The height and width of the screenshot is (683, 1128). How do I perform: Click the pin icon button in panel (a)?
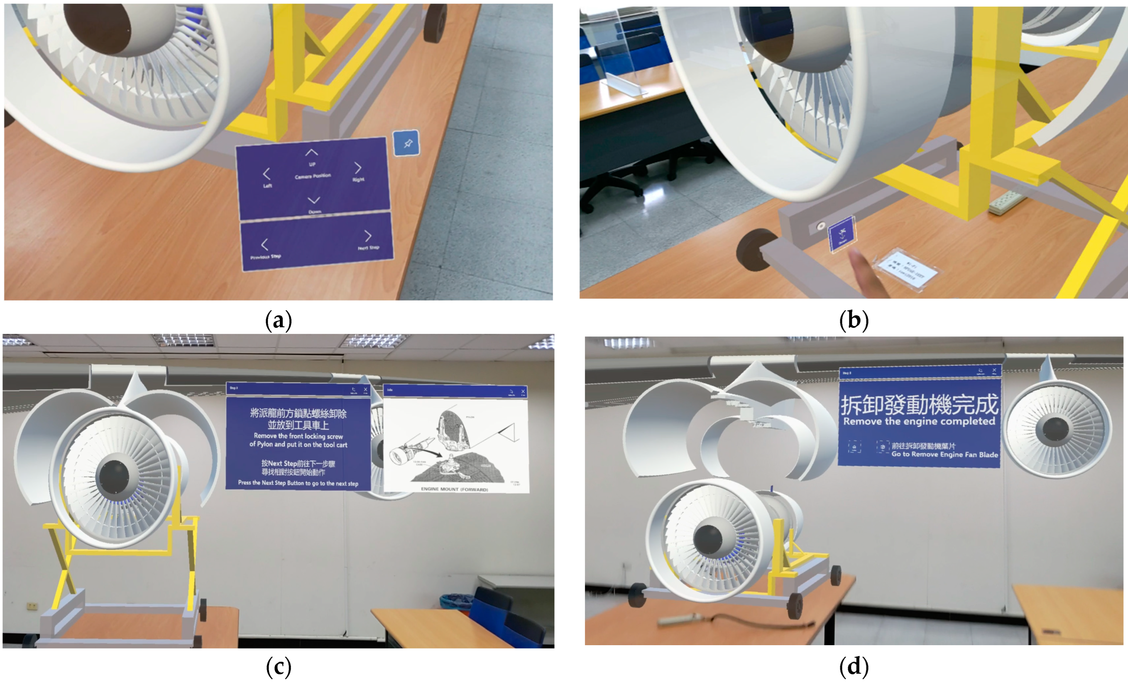406,143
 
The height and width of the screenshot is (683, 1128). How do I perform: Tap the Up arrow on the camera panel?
311,152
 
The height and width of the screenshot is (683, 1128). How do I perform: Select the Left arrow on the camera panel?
267,174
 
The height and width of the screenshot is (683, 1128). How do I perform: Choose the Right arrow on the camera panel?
358,168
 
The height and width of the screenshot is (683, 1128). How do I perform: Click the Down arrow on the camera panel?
313,201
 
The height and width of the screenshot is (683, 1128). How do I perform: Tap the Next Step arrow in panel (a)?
367,236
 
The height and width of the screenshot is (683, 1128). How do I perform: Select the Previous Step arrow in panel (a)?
264,245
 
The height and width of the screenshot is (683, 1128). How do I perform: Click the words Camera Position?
313,176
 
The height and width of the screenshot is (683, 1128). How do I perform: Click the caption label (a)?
278,321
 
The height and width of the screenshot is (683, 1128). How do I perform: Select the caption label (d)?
854,666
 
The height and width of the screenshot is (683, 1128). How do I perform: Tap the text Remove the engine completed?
919,421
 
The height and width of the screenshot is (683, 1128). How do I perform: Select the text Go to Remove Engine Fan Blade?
944,455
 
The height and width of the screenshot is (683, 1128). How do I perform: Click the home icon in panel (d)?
854,447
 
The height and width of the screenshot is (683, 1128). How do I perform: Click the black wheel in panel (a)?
436,23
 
